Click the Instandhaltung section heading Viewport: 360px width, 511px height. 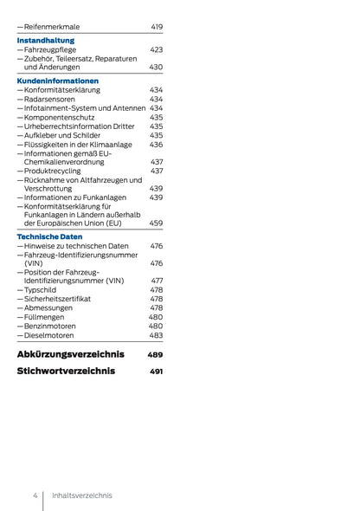pyautogui.click(x=46, y=40)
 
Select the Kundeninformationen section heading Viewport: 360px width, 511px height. pyautogui.click(x=58, y=81)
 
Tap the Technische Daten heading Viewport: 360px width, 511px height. pyautogui.click(x=50, y=236)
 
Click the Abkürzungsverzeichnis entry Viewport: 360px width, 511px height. pyautogui.click(x=71, y=354)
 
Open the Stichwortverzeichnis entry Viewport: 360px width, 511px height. pyautogui.click(x=66, y=372)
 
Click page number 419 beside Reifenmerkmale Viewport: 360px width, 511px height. pyautogui.click(x=156, y=27)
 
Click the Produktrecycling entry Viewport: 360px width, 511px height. pyautogui.click(x=55, y=171)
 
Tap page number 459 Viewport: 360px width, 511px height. pyautogui.click(x=156, y=223)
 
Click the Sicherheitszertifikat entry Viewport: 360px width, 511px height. pyautogui.click(x=59, y=299)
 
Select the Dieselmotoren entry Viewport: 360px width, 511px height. pyautogui.click(x=49, y=335)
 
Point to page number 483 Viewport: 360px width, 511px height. pyautogui.click(x=156, y=335)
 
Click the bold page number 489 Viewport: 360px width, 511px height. pyautogui.click(x=155, y=355)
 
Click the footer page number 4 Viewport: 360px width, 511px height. pyautogui.click(x=35, y=495)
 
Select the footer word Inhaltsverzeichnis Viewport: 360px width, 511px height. pyautogui.click(x=82, y=495)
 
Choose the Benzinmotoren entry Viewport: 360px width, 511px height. pyautogui.click(x=51, y=326)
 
